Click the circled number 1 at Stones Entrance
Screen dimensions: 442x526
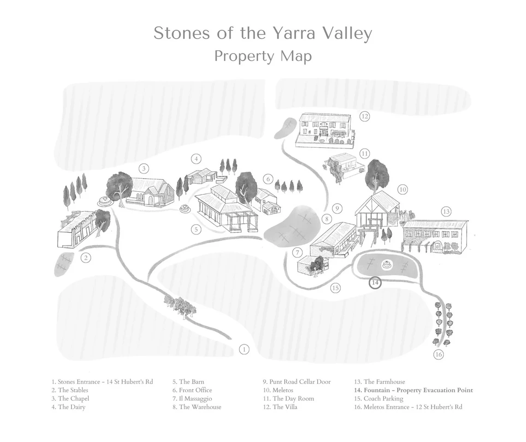(x=244, y=349)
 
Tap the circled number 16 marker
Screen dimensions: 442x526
(x=438, y=355)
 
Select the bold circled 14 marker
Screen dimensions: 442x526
(x=375, y=283)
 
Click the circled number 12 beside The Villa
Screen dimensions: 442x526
(x=365, y=116)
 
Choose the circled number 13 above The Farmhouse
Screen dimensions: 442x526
(x=446, y=212)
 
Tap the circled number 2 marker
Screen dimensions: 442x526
(x=85, y=258)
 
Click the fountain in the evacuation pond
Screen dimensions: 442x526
(x=386, y=266)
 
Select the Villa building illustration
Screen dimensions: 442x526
(x=325, y=130)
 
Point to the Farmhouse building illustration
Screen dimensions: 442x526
(x=435, y=236)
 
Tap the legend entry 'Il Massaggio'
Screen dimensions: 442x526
(x=195, y=399)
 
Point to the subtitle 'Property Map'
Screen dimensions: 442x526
(x=263, y=56)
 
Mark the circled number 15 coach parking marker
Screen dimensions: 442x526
(x=335, y=288)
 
